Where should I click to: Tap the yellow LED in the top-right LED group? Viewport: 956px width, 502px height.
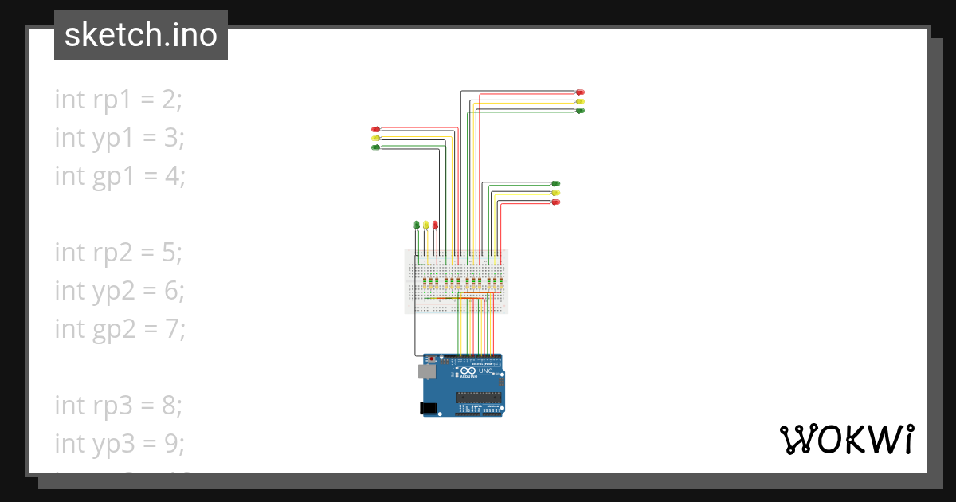point(580,101)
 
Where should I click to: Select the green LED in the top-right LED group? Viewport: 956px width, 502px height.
point(580,110)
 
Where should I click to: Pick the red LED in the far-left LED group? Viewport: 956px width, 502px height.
point(376,129)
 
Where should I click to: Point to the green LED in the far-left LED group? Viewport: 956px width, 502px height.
point(376,147)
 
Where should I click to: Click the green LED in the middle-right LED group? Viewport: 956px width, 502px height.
point(556,184)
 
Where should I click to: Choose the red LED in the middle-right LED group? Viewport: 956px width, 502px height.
point(556,202)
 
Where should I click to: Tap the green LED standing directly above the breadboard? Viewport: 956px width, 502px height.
point(417,225)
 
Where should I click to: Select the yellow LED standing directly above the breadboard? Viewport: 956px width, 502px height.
point(426,225)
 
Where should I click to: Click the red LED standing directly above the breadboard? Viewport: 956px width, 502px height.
point(435,225)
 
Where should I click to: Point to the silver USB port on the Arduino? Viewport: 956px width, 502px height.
point(427,371)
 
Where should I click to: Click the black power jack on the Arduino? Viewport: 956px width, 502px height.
point(429,408)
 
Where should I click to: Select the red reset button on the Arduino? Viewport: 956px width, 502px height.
point(433,359)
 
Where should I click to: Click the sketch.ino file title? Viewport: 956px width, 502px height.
point(141,35)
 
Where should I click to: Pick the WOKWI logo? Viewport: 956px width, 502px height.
point(846,439)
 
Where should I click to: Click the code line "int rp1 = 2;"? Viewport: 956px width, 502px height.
point(119,100)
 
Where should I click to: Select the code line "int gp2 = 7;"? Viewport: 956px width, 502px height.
point(119,327)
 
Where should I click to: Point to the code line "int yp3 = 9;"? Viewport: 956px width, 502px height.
point(119,442)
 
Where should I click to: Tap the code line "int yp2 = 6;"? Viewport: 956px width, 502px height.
point(119,290)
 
